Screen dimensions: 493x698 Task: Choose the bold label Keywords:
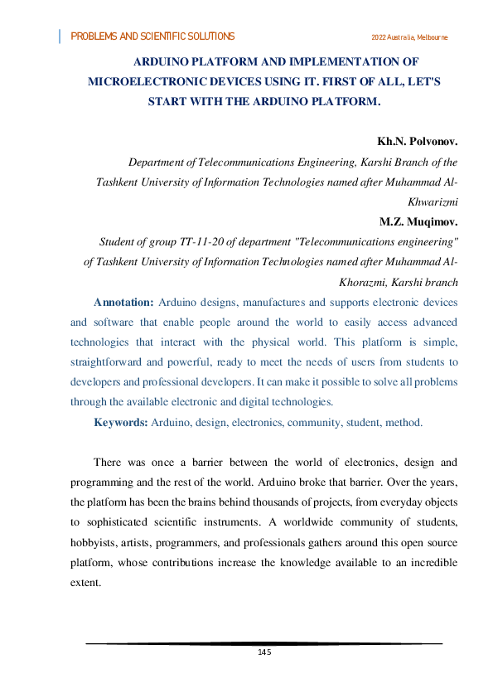point(121,422)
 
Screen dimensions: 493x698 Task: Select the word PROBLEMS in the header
point(91,37)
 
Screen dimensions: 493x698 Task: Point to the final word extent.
point(85,583)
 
